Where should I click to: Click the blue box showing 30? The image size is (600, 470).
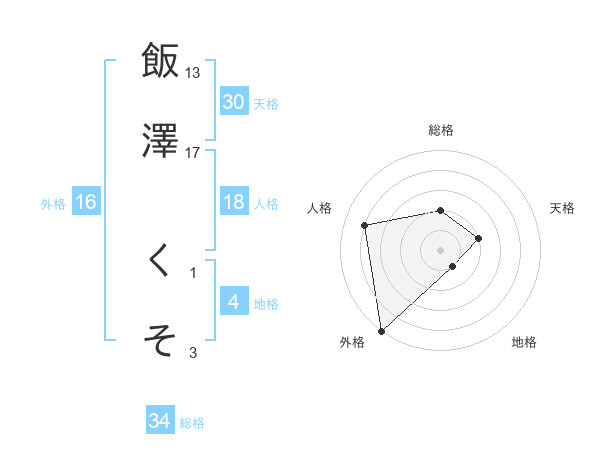234,102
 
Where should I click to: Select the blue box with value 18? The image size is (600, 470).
234,202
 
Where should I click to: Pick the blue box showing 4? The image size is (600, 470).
234,302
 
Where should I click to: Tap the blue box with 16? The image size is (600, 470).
86,202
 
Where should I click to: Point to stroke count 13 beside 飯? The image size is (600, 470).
193,73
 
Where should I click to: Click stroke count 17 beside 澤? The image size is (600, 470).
193,152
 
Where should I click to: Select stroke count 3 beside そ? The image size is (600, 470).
193,352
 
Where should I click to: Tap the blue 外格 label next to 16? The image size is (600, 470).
53,203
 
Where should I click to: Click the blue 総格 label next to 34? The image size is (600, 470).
192,423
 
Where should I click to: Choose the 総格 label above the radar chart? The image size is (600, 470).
441,131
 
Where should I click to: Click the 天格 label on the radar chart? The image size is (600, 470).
563,208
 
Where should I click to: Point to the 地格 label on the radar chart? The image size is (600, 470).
524,343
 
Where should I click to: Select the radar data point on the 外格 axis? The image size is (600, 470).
381,330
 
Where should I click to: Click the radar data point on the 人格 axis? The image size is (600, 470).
366,224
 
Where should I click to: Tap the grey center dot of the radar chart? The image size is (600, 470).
441,249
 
